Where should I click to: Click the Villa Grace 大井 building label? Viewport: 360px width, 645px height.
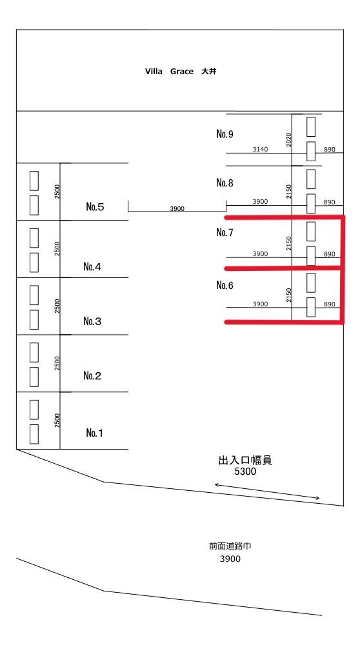[x=181, y=72]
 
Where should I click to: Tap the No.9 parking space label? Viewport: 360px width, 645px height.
[x=225, y=134]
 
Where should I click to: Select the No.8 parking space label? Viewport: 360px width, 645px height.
[x=225, y=183]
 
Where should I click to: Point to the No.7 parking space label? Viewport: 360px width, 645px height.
[x=225, y=233]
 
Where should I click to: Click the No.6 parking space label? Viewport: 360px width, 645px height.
[x=225, y=286]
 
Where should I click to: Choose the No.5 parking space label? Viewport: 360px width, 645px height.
[x=95, y=207]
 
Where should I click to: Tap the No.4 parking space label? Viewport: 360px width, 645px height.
[x=92, y=267]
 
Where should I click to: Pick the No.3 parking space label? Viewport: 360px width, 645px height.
[x=92, y=321]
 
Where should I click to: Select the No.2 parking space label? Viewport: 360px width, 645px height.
[x=92, y=375]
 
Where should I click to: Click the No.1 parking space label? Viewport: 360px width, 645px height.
[x=95, y=433]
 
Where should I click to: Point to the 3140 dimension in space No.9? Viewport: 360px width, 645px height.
[x=260, y=150]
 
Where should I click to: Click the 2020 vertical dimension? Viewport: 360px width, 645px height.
[x=288, y=140]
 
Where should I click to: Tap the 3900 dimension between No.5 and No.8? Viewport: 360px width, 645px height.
[x=177, y=208]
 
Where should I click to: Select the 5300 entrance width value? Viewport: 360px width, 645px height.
[x=245, y=471]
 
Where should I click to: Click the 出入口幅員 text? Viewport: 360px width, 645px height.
[x=245, y=461]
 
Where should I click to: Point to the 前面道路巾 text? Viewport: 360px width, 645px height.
[x=230, y=546]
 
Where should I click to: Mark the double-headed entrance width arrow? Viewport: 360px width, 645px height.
[x=267, y=491]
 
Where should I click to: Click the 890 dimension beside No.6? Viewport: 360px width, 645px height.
[x=330, y=304]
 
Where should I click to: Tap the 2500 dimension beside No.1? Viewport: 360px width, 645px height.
[x=57, y=421]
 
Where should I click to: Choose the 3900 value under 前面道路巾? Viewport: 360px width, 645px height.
[x=230, y=559]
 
